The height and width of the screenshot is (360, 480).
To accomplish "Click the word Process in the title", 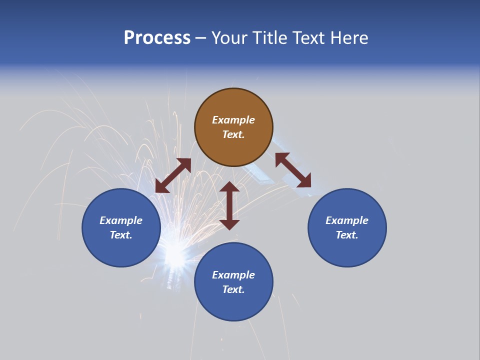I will pyautogui.click(x=157, y=38).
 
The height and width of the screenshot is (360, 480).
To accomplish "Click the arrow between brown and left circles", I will pyautogui.click(x=173, y=175).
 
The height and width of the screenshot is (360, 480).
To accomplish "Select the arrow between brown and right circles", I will pyautogui.click(x=293, y=170).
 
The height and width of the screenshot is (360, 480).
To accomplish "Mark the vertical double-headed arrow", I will pyautogui.click(x=229, y=205).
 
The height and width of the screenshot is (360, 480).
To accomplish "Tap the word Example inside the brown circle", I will pyautogui.click(x=233, y=120).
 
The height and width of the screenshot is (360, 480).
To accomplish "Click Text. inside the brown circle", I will pyautogui.click(x=233, y=134).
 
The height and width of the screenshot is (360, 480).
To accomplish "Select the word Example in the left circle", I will pyautogui.click(x=121, y=220).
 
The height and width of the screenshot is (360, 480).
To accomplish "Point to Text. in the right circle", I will pyautogui.click(x=347, y=235).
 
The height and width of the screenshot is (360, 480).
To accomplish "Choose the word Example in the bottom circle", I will pyautogui.click(x=233, y=275).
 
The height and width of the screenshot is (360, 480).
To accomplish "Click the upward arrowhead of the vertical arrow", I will pyautogui.click(x=229, y=187).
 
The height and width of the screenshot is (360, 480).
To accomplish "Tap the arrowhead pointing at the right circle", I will pyautogui.click(x=304, y=181).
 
